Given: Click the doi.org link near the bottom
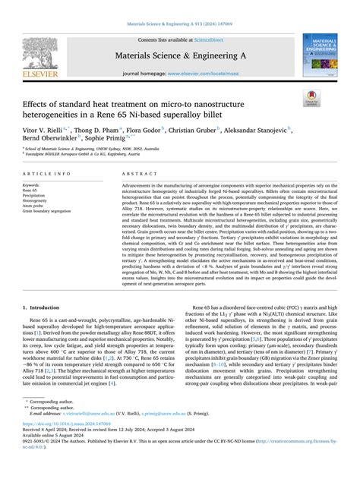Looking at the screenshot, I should click(x=63, y=449).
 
